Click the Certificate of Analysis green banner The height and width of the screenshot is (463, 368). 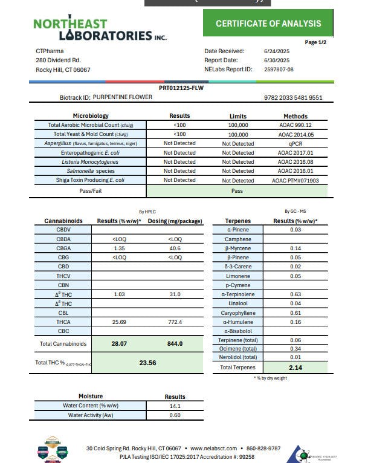point(269,24)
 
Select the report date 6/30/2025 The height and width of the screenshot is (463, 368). point(277,60)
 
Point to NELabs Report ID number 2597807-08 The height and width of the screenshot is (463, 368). point(279,70)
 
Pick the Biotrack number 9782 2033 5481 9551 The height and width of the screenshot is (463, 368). point(293,97)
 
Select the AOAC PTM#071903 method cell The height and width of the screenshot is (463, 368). point(295,180)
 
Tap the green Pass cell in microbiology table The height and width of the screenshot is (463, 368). point(237,190)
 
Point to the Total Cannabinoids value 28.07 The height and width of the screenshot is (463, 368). point(118,343)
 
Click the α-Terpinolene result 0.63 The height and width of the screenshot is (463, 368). point(295,294)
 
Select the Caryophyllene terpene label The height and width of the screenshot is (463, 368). point(240,313)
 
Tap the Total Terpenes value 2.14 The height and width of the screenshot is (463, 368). point(295,367)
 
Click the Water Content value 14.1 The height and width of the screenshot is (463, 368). point(175,406)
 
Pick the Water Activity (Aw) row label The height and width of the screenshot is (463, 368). point(91,415)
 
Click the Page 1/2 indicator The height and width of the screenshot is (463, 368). point(315,42)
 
